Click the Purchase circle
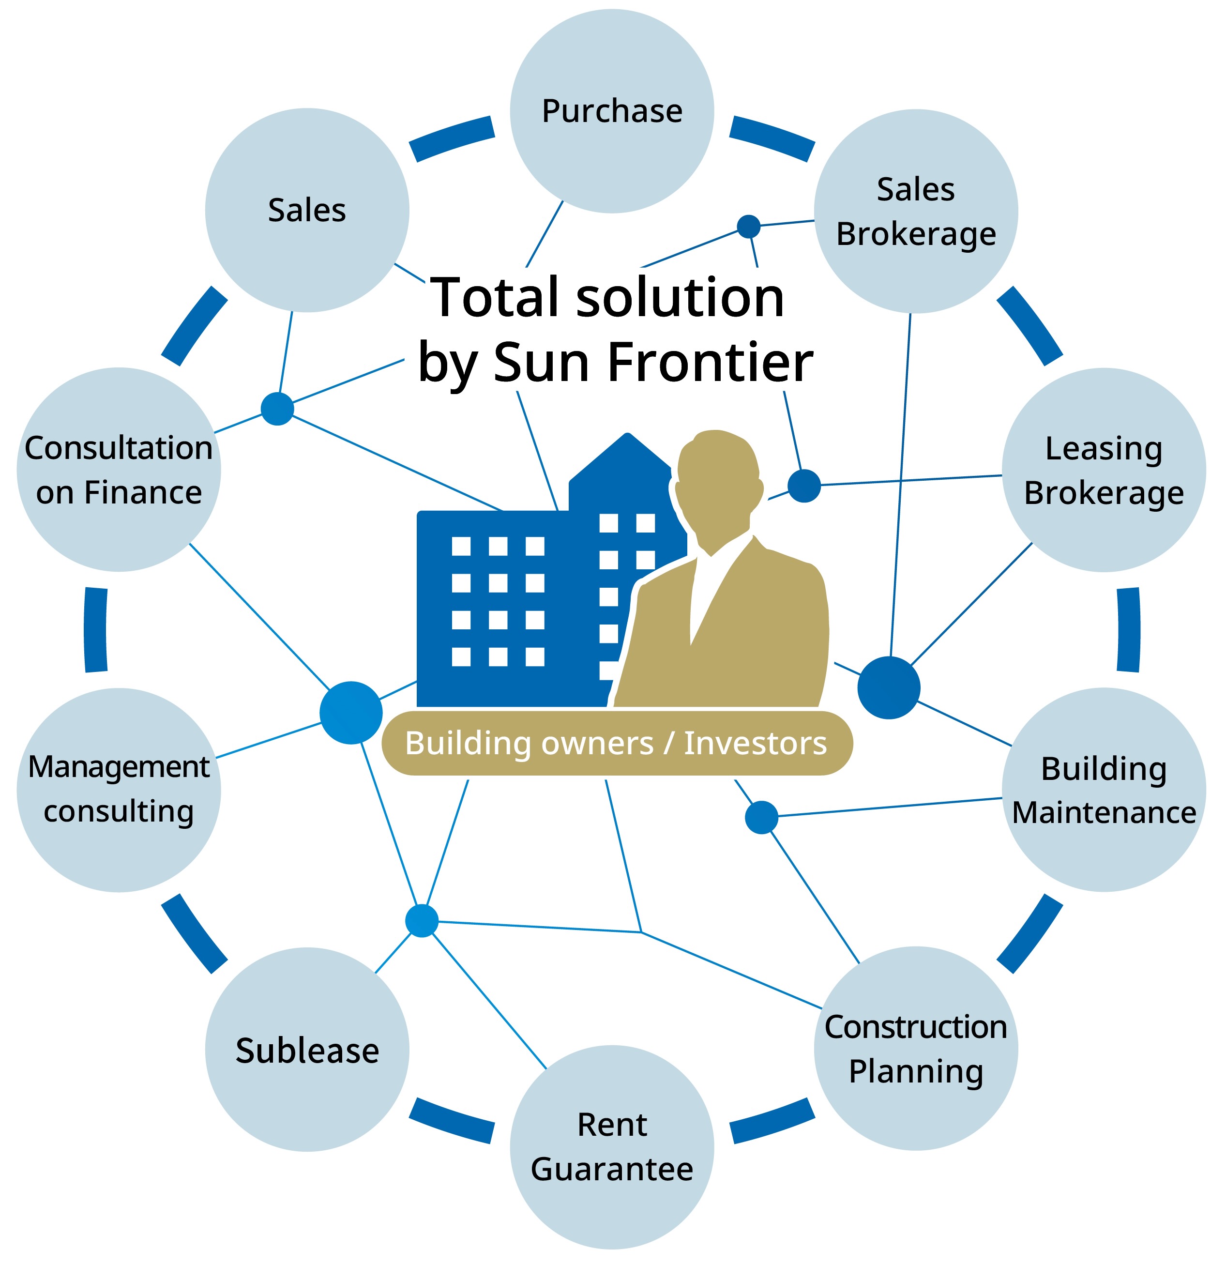pyautogui.click(x=612, y=111)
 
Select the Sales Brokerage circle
pyautogui.click(x=916, y=212)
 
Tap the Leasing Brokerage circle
pyautogui.click(x=1104, y=470)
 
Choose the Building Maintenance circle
pyautogui.click(x=1104, y=790)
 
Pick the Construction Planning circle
pyautogui.click(x=916, y=1048)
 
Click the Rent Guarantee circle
pyautogui.click(x=612, y=1147)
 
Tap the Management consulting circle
pyautogui.click(x=119, y=790)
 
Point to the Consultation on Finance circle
pyautogui.click(x=119, y=470)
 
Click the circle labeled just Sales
pyautogui.click(x=307, y=211)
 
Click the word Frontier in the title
pyautogui.click(x=710, y=362)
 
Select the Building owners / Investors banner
pyautogui.click(x=617, y=743)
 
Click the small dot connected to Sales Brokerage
pyautogui.click(x=748, y=227)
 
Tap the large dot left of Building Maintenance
pyautogui.click(x=889, y=687)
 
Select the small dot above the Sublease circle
pyautogui.click(x=422, y=920)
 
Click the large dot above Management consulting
pyautogui.click(x=351, y=713)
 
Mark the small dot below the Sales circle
pyautogui.click(x=277, y=409)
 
